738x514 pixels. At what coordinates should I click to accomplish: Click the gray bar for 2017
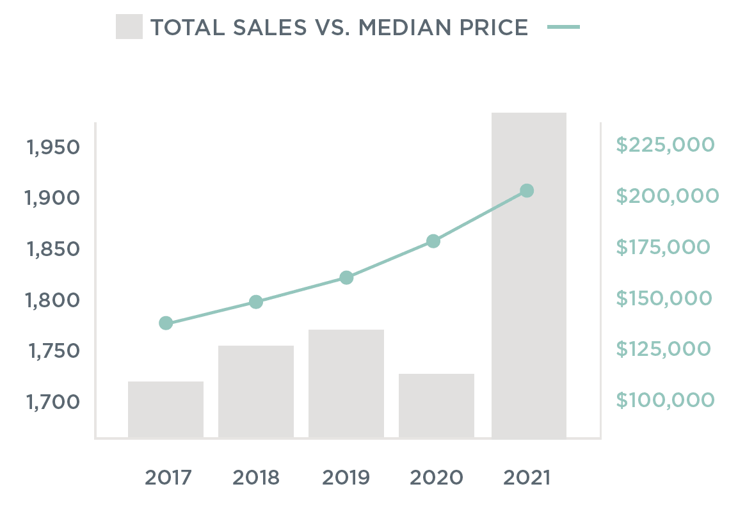(x=166, y=410)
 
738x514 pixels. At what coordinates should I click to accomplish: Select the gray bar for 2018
(x=256, y=392)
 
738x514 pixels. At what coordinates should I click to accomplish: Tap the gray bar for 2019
(x=346, y=383)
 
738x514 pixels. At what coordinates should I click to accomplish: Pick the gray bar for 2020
(x=437, y=406)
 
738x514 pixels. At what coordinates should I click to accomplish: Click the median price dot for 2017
(x=166, y=323)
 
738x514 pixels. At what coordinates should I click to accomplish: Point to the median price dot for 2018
(x=256, y=302)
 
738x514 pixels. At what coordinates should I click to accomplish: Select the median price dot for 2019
(x=346, y=278)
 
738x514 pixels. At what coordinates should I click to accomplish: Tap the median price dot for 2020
(x=433, y=241)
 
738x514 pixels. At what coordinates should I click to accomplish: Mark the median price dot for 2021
(x=527, y=191)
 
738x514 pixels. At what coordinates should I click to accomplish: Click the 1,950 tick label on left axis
(x=53, y=147)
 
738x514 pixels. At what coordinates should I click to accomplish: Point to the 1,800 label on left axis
(x=53, y=300)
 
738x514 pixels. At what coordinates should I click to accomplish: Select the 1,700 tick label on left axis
(x=53, y=402)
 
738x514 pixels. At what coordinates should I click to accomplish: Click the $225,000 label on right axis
(x=664, y=145)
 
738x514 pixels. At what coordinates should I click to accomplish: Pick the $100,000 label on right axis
(x=665, y=400)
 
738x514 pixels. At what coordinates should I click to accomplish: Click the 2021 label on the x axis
(x=527, y=478)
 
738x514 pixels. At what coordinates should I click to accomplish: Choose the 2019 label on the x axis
(x=346, y=478)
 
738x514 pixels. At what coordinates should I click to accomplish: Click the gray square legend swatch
(x=129, y=28)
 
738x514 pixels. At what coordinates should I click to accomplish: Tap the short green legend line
(x=564, y=28)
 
